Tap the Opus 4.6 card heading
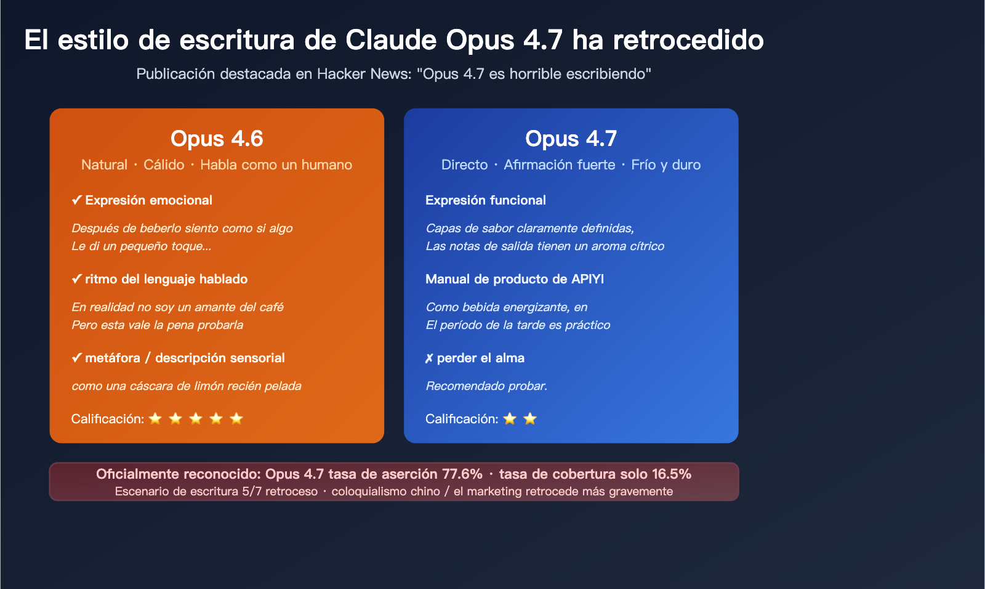coord(217,139)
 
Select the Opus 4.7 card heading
coord(571,139)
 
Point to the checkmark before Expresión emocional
coord(76,200)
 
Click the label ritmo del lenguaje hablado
coord(166,279)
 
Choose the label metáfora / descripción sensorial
coord(185,358)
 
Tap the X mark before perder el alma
coord(429,359)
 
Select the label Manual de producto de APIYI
coord(515,279)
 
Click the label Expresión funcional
coord(486,200)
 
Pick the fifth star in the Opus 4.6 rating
coord(236,419)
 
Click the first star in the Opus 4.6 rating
coord(155,419)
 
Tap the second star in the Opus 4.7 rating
coord(530,419)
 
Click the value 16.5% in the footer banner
coord(671,474)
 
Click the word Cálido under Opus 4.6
coord(164,165)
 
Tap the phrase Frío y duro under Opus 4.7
coord(665,165)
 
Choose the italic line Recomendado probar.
coord(486,386)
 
